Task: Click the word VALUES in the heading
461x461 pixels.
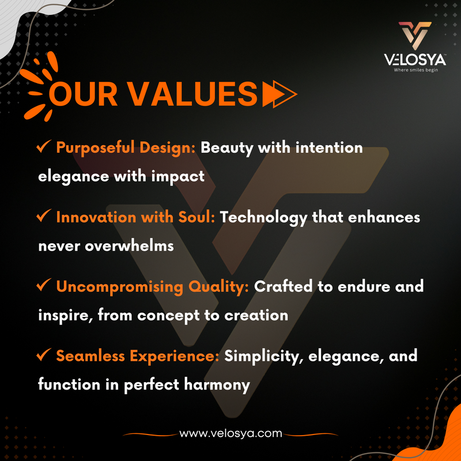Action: [x=193, y=94]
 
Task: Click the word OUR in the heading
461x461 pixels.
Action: [x=84, y=94]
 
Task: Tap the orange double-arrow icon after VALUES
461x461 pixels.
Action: [x=279, y=94]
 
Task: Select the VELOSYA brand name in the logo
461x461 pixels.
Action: [x=415, y=60]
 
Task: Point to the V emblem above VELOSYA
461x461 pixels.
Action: [x=415, y=35]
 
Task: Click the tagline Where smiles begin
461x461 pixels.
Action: [x=415, y=70]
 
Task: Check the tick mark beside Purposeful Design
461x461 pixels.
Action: [x=44, y=146]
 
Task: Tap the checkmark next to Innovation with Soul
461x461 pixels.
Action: [x=44, y=216]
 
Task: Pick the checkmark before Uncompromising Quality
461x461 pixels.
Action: [x=44, y=285]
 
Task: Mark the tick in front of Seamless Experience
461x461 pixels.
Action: [x=44, y=354]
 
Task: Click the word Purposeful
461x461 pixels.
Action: [x=95, y=148]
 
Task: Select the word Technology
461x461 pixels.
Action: [x=263, y=218]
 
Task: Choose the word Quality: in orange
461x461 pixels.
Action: [x=218, y=287]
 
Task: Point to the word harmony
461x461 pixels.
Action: [x=217, y=385]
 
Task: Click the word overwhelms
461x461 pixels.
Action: [x=129, y=245]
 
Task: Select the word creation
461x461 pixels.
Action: [x=256, y=315]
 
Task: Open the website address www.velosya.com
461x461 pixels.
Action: [x=231, y=433]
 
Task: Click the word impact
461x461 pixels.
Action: [x=178, y=177]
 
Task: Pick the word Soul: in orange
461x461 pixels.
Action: [x=197, y=217]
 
